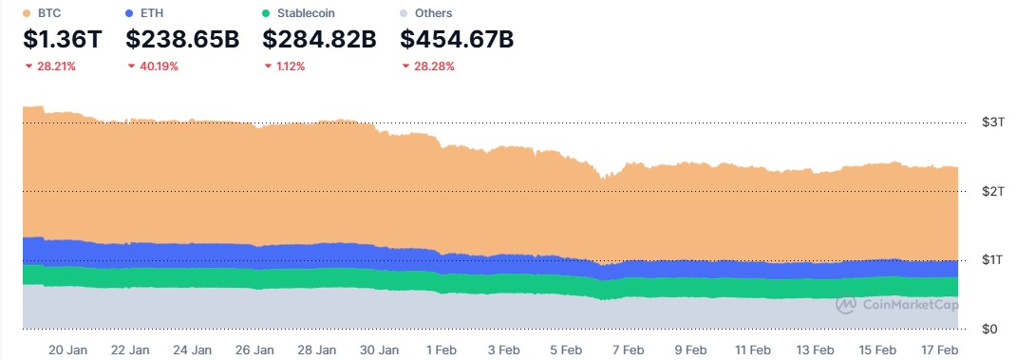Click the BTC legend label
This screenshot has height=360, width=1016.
[x=48, y=13]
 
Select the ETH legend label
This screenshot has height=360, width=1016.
[x=152, y=13]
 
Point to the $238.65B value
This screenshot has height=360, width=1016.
[x=182, y=40]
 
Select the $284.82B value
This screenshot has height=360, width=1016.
[x=319, y=40]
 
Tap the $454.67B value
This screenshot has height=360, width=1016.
[x=457, y=40]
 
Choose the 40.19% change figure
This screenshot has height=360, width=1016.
[x=157, y=66]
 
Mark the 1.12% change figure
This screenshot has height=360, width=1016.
[x=290, y=66]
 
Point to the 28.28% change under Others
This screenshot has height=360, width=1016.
[x=433, y=66]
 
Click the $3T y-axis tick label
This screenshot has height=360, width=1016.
[x=990, y=123]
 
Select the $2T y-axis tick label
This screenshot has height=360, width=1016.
[x=990, y=191]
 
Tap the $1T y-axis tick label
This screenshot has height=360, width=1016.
[x=990, y=260]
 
